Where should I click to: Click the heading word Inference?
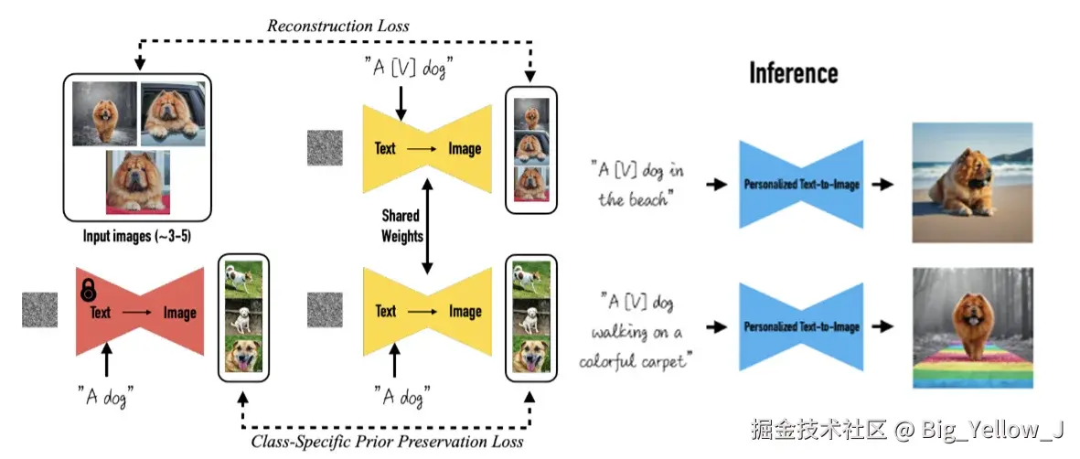793,72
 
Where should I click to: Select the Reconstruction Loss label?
337,26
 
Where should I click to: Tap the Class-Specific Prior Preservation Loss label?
387,442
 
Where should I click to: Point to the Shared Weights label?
401,226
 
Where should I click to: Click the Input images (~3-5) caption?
137,237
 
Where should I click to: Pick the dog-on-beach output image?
972,183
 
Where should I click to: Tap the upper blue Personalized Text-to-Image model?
801,185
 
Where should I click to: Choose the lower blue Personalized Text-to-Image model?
801,326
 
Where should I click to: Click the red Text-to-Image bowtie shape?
140,312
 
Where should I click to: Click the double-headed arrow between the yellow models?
425,226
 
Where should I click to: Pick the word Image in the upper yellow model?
465,148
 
